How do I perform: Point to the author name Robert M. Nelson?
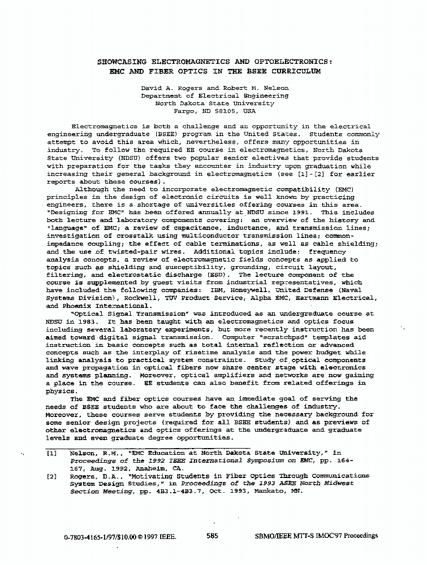click(x=260, y=88)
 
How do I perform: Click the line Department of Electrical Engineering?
click(x=214, y=96)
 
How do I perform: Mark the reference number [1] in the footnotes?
click(x=52, y=453)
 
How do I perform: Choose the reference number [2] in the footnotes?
click(x=52, y=476)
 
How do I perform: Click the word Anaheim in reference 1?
click(x=151, y=468)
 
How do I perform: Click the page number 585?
click(x=213, y=536)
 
